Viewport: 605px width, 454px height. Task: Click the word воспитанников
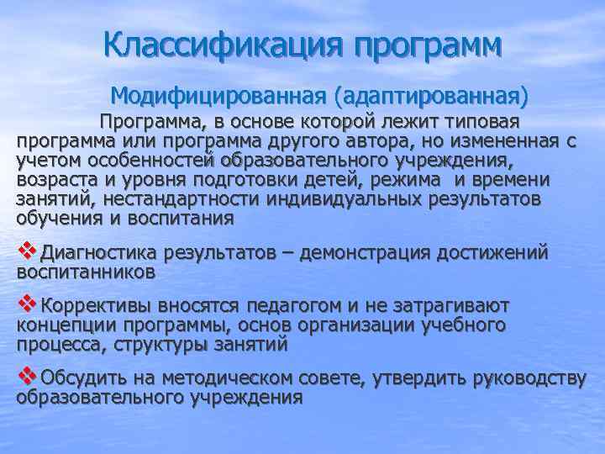[x=86, y=272]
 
